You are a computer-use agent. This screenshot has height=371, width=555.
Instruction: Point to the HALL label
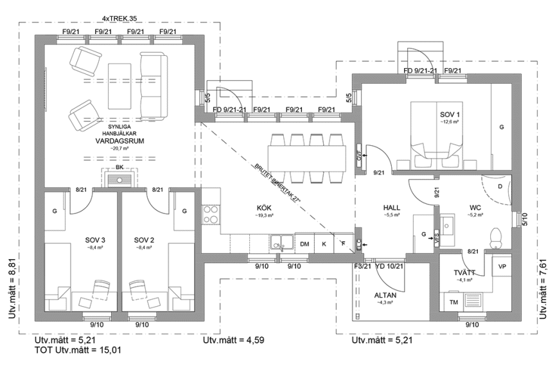pyautogui.click(x=392, y=208)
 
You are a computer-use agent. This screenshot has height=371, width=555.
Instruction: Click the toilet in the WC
pyautogui.click(x=495, y=237)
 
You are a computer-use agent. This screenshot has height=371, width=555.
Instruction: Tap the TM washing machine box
pyautogui.click(x=453, y=302)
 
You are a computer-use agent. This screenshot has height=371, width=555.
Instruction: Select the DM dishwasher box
pyautogui.click(x=304, y=244)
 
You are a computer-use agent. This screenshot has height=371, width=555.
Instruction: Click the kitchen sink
pyautogui.click(x=279, y=242)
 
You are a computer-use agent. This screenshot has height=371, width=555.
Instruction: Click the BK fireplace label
pyautogui.click(x=119, y=168)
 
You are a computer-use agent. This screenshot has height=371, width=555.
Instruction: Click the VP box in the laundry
pyautogui.click(x=502, y=265)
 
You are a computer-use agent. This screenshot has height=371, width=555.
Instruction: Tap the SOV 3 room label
pyautogui.click(x=94, y=240)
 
